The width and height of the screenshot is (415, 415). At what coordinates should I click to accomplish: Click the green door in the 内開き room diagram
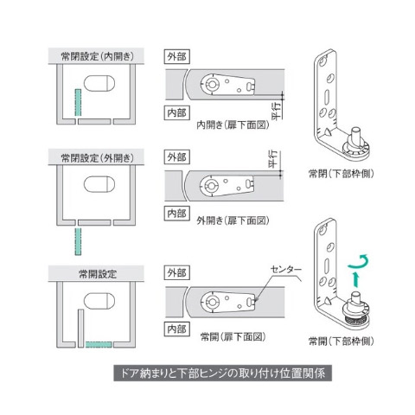[x=77, y=103]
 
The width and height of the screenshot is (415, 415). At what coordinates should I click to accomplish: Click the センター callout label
[x=278, y=270]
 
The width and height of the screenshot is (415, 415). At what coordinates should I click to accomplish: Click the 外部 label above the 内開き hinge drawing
[x=176, y=56]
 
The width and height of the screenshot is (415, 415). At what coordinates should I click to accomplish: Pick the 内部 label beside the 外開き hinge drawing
[x=176, y=212]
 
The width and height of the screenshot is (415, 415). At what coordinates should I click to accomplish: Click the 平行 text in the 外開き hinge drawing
[x=271, y=159]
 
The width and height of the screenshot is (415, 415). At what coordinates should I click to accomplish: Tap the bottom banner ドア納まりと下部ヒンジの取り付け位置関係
[x=207, y=376]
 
